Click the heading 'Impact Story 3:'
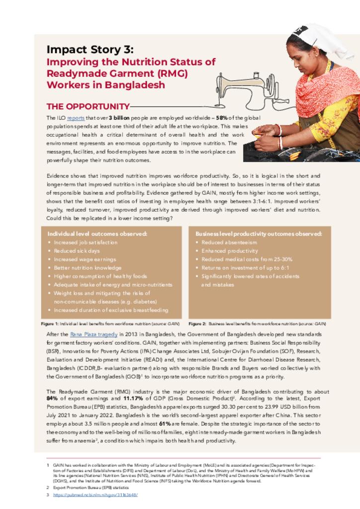[90, 49]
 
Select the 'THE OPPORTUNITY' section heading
[88, 106]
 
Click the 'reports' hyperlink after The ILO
[76, 118]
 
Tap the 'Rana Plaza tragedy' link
[93, 335]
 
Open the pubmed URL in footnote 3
[95, 495]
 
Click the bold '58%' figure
[222, 118]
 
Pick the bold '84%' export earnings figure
[52, 398]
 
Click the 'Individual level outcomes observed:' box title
[97, 234]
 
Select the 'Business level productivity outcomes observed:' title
[259, 234]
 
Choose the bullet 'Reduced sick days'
[77, 251]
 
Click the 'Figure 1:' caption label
[50, 323]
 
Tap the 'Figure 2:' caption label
[197, 323]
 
